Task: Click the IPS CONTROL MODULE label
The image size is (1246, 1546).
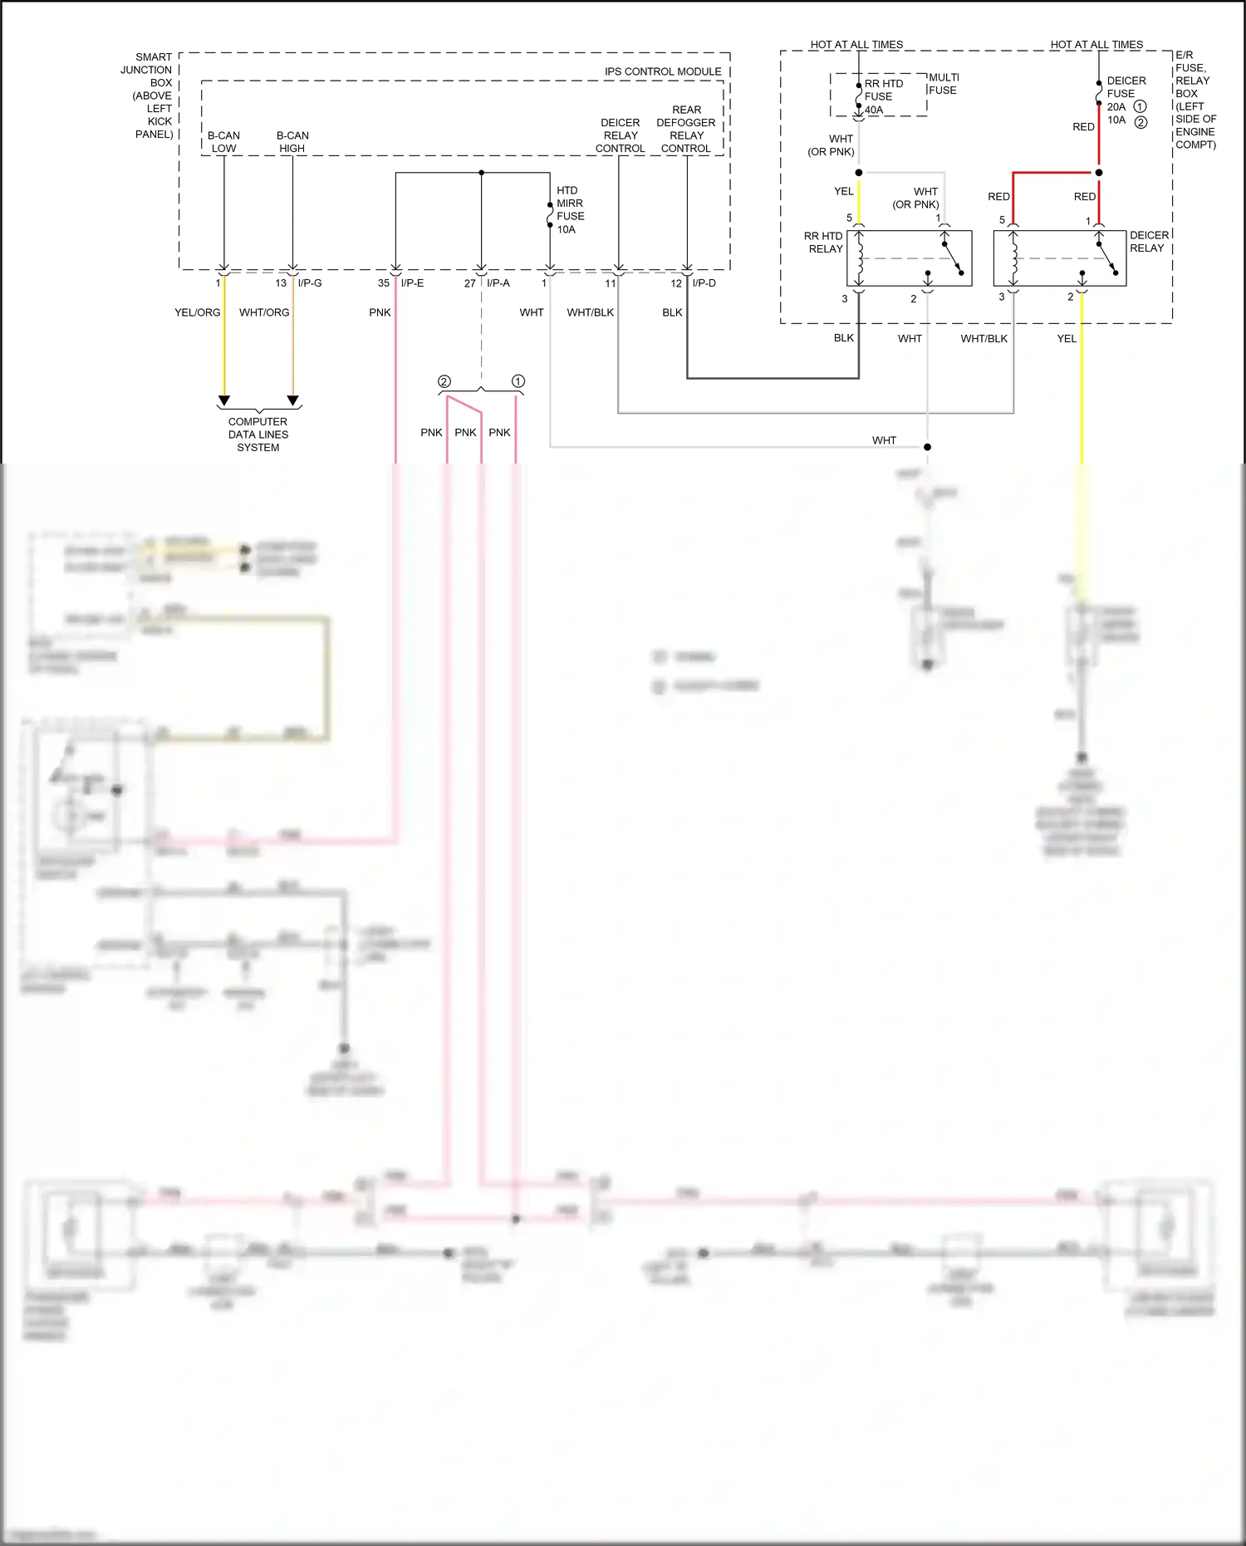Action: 662,71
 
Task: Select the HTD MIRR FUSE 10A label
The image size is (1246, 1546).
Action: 570,210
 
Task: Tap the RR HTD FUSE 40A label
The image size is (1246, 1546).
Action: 883,96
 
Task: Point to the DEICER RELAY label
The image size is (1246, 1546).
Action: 1149,242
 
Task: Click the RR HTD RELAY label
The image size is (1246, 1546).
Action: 823,243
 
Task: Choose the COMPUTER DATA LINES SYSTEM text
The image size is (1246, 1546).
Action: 258,434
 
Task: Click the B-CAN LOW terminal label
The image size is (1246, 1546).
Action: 223,142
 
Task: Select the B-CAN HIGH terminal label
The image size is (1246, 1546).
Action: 292,142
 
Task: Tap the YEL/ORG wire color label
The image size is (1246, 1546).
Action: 197,312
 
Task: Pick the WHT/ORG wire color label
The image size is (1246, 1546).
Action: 264,312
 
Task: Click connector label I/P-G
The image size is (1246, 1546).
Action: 310,283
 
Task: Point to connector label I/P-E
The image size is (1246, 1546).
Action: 412,283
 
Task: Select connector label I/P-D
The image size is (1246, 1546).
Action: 704,283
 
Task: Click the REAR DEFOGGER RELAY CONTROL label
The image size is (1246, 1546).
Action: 686,129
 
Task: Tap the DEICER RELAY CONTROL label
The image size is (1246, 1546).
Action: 620,135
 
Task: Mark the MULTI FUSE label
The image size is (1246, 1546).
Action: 944,84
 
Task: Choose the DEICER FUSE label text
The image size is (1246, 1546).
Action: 1126,87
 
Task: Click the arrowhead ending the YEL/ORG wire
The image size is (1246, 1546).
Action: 223,400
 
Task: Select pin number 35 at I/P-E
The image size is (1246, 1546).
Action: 383,283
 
